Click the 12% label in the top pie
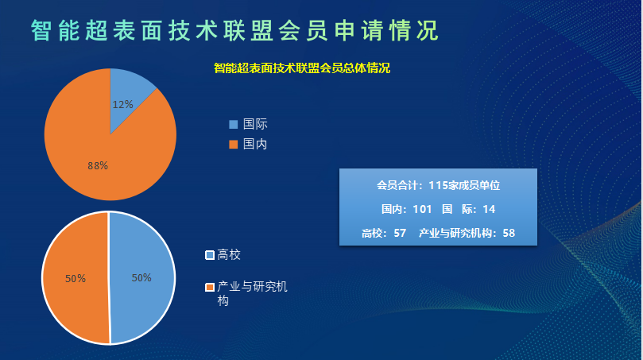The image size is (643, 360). point(122,105)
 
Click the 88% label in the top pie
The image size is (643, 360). point(98,165)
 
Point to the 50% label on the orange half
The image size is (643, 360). point(76,279)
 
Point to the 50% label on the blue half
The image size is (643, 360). point(141,278)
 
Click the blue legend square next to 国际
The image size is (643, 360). point(234,124)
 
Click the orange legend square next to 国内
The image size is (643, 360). point(234,145)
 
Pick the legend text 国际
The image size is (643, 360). point(255,124)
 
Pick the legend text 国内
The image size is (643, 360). point(255,144)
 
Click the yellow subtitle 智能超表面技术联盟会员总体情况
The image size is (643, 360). point(302,68)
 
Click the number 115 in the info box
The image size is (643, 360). point(438,185)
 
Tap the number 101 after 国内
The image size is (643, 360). point(422,209)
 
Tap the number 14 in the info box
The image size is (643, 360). point(489,209)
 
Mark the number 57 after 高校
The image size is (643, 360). point(400,233)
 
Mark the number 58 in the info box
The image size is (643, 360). point(509,233)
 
